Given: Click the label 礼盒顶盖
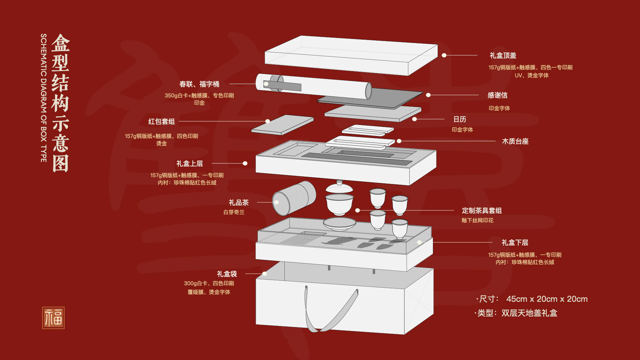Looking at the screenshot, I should (x=503, y=55).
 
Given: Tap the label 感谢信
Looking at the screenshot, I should (x=497, y=95).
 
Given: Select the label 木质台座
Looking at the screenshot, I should (x=515, y=141).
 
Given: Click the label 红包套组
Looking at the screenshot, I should (x=161, y=121).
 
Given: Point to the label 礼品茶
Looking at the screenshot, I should (x=239, y=203).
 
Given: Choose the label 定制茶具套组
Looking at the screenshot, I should (x=482, y=211).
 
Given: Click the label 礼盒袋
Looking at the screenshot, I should (x=227, y=274).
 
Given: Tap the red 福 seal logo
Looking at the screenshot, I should (x=53, y=318).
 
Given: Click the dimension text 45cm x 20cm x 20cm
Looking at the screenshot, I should (x=547, y=299).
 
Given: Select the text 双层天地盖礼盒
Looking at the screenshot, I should (x=529, y=313).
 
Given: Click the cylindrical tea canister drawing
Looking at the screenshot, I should (x=294, y=198).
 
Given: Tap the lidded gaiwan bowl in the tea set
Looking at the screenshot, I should (x=339, y=200).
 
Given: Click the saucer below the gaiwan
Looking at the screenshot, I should (x=339, y=224).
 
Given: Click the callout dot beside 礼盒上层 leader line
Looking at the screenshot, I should (x=245, y=163).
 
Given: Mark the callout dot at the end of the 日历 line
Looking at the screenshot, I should (x=414, y=119).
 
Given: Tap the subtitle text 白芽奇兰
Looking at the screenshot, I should (x=234, y=212).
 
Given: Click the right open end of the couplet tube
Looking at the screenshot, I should (x=368, y=91).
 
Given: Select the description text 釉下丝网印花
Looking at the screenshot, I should (x=477, y=220).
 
